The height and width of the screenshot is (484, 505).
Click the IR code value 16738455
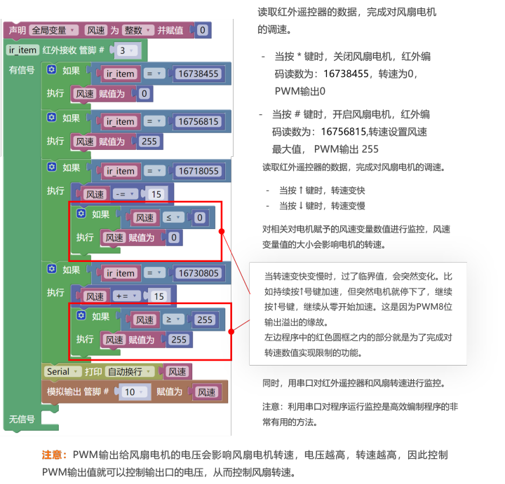click(x=198, y=74)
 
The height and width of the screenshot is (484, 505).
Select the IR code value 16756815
click(x=198, y=121)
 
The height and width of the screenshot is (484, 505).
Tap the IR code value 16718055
click(x=198, y=171)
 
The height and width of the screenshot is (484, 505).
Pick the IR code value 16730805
click(x=198, y=273)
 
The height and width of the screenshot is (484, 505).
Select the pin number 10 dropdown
click(x=132, y=392)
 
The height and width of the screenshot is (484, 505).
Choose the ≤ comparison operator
click(x=172, y=218)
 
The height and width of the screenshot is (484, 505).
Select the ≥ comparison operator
click(x=172, y=319)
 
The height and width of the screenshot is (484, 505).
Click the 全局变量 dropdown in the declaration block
click(x=53, y=30)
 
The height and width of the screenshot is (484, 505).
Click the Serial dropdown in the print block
click(x=62, y=371)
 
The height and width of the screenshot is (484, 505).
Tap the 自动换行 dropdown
click(x=130, y=371)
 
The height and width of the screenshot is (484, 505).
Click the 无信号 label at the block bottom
click(x=21, y=419)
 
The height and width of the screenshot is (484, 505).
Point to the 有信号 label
click(x=21, y=70)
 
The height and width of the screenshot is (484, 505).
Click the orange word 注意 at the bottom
click(x=54, y=455)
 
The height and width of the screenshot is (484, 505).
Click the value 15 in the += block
click(x=158, y=296)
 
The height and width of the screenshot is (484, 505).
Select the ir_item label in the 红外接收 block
click(x=22, y=50)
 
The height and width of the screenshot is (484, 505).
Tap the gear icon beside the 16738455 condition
click(x=51, y=70)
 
